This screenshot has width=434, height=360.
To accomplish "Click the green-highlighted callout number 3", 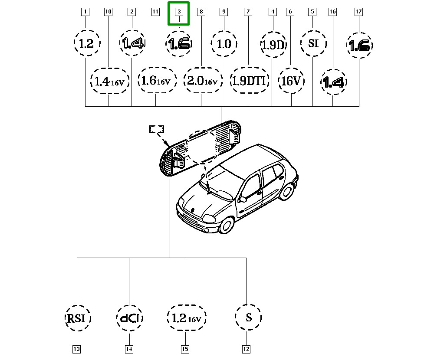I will coord(179,13).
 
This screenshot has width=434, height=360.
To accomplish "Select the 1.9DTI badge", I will coord(250,80).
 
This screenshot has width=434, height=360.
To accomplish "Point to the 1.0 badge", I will coord(224,44).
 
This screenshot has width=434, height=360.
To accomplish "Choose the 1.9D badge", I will coord(273,44).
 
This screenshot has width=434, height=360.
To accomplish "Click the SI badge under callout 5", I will coord(314,43).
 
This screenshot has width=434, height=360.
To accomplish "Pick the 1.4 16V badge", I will coord(110,81).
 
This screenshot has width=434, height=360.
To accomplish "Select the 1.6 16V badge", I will coord(157,80).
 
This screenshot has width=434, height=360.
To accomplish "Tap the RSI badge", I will coord(77,318).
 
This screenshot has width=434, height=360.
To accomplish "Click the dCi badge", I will coord(130,318).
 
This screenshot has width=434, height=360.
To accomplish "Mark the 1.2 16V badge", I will coord(186,318).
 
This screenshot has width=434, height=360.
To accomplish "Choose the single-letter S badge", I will coord(248,317).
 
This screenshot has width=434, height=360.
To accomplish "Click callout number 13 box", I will coord(77,349).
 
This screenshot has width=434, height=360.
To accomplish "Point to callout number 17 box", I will coord(358,12).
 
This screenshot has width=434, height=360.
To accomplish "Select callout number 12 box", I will coord(246,349).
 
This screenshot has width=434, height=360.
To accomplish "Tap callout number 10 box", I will coord(108,12).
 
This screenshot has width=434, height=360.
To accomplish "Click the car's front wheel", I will coord(227,225).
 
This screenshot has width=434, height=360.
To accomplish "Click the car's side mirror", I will coord(243,199).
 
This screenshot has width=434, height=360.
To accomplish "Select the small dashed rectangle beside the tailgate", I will coord(157,129).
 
